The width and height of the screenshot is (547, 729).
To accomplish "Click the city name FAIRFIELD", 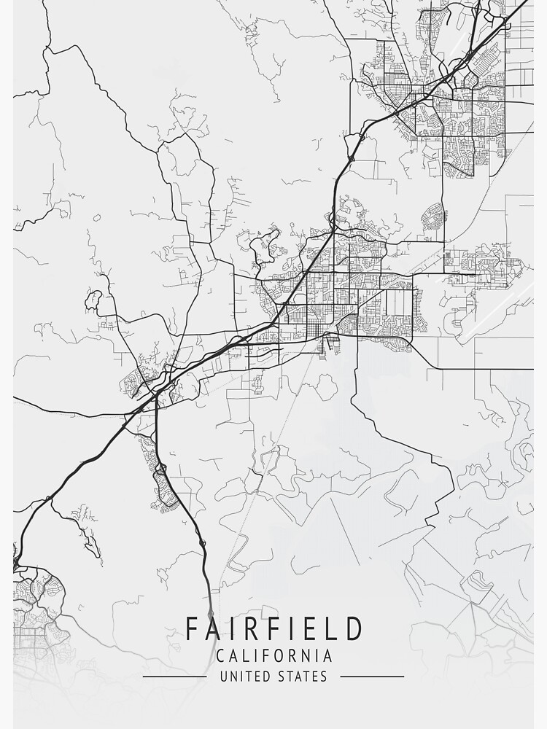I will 273,628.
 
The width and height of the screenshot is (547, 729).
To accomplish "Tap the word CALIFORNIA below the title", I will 273,655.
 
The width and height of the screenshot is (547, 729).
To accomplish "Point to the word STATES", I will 302,677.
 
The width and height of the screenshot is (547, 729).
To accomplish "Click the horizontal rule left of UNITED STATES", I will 174,677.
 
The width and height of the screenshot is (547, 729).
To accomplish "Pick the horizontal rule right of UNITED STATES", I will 372,677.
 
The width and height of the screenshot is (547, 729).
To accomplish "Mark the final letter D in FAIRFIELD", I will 354,628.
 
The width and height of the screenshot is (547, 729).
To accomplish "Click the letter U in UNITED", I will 224,677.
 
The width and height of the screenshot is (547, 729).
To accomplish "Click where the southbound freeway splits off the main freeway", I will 155,397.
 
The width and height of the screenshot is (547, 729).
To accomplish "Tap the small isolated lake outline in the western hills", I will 93,299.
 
